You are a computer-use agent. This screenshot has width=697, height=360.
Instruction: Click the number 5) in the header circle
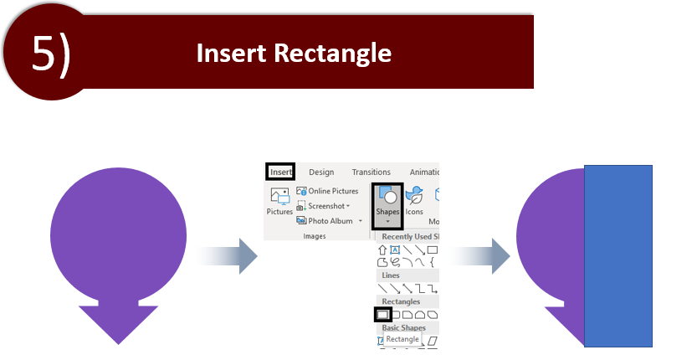(51, 53)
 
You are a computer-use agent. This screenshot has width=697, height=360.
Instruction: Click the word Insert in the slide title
(232, 53)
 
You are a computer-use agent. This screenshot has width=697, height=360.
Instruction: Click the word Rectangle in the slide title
(332, 54)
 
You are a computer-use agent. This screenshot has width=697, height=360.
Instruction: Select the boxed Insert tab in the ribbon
(280, 172)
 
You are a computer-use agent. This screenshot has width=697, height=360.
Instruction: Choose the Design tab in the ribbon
(321, 172)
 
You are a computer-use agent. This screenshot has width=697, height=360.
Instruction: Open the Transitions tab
(372, 172)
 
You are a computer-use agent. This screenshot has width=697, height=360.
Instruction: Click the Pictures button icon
(279, 196)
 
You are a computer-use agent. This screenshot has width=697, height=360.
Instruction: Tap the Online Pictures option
(328, 191)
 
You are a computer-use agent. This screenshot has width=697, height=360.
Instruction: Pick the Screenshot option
(323, 206)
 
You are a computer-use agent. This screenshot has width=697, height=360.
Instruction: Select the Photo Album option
(329, 221)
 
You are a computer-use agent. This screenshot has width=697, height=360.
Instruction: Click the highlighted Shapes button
(387, 206)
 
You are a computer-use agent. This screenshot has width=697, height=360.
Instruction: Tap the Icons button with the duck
(414, 201)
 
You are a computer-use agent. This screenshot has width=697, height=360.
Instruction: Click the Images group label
(315, 236)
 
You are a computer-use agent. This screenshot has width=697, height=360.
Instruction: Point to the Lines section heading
(391, 275)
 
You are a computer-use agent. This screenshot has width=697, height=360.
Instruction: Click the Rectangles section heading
(401, 301)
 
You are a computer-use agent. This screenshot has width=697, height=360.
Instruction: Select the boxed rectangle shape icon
(382, 315)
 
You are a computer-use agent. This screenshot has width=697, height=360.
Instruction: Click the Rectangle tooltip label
(402, 339)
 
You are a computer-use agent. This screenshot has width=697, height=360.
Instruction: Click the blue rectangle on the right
(618, 256)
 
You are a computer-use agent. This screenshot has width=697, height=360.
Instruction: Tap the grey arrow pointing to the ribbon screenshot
(227, 256)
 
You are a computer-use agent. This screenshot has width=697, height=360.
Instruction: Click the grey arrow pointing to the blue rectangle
(479, 256)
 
